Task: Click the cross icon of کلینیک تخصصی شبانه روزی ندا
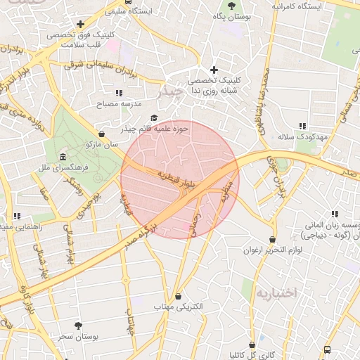214,70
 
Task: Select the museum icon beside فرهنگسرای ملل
63,157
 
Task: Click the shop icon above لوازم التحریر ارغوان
273,240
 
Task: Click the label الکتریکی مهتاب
178,307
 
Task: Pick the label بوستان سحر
78,337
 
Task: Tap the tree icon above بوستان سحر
78,326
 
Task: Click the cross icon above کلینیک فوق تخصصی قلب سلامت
80,25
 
